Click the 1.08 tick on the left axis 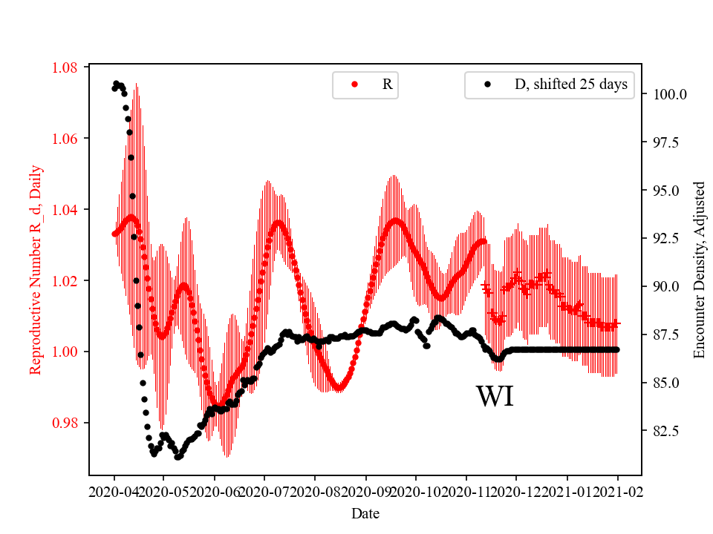click(x=65, y=67)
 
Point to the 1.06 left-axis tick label click(x=65, y=139)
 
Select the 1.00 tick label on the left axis click(x=65, y=352)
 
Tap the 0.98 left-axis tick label click(x=65, y=423)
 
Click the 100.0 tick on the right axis click(x=670, y=95)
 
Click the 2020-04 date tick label click(x=114, y=492)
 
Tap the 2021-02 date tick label click(x=617, y=492)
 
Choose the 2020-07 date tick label click(x=265, y=492)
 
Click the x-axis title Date click(x=365, y=513)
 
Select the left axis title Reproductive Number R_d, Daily click(x=35, y=270)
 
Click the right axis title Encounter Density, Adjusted click(x=699, y=270)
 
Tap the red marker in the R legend click(x=354, y=85)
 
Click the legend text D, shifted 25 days click(x=571, y=85)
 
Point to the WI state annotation click(x=495, y=397)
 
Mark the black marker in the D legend click(x=487, y=85)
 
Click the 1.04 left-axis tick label click(x=65, y=210)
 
